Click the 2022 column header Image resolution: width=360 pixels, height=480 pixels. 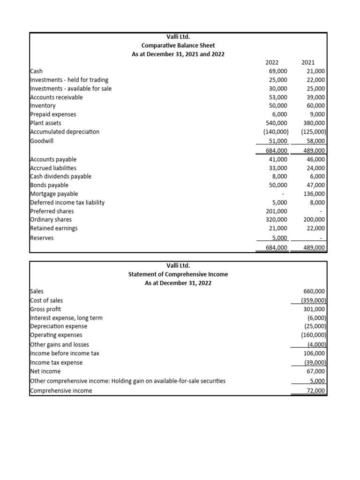pos(272,62)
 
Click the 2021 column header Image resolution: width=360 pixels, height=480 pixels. pos(308,62)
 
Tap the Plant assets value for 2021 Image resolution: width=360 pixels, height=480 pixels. pos(314,123)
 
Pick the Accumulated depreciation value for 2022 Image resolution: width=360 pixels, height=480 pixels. pos(276,132)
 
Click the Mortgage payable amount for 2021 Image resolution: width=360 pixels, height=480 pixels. pos(314,194)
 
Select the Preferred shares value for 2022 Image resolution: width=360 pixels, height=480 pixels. pos(277,211)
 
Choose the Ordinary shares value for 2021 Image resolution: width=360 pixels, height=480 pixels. pos(314,220)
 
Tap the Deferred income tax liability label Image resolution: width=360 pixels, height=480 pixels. pos(67,202)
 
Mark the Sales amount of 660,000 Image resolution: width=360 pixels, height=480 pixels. pos(314,291)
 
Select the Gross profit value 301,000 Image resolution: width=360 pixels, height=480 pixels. pos(314,309)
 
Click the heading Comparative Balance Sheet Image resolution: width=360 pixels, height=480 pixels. pos(178,45)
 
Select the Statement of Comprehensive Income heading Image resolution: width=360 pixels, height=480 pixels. pos(178,274)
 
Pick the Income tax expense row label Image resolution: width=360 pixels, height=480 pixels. pos(56,362)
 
